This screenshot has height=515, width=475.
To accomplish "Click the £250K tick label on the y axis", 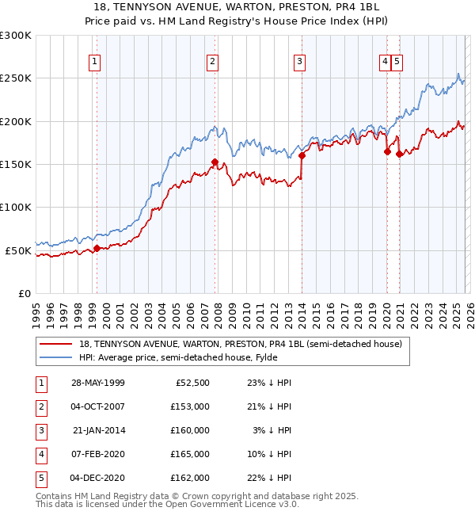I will [16, 78].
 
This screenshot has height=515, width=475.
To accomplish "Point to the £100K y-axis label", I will [16, 207].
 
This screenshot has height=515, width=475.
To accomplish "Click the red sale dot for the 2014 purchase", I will [302, 156].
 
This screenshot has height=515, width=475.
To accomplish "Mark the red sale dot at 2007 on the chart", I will [215, 162].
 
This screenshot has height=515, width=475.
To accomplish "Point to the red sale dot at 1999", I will [97, 248].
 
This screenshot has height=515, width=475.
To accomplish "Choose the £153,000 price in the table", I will [190, 406].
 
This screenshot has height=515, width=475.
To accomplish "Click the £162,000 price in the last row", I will [190, 478].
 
